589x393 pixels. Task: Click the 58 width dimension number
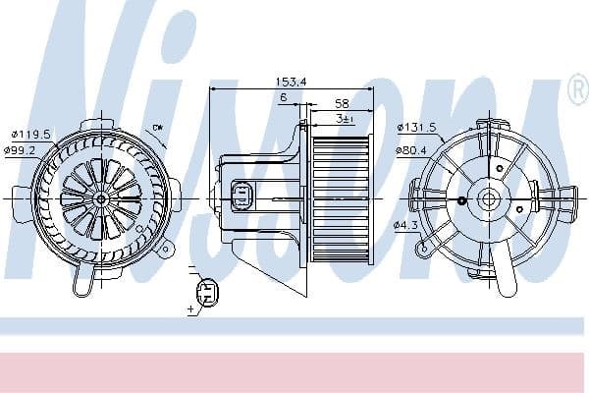click(341, 102)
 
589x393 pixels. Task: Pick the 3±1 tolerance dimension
click(343, 118)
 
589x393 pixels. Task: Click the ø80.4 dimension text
click(413, 150)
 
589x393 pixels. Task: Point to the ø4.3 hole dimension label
click(406, 226)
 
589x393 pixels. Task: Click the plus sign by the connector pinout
click(191, 309)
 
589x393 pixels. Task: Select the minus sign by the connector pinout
click(190, 267)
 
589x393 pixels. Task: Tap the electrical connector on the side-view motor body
click(242, 196)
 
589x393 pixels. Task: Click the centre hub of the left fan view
click(100, 197)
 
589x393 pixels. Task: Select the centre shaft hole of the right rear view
click(488, 198)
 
